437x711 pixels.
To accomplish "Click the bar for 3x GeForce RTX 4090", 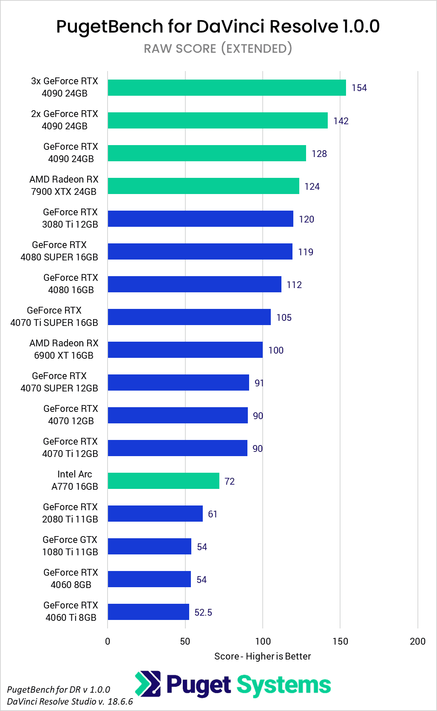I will click(x=227, y=88).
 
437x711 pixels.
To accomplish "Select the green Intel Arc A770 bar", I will click(x=163, y=481).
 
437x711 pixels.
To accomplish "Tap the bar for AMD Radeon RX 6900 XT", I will click(x=185, y=350).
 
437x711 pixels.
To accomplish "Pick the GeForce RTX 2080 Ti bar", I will click(x=155, y=514).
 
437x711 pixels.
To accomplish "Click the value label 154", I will click(x=359, y=88).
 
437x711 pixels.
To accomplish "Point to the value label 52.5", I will click(x=203, y=612).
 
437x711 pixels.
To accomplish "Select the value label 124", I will click(x=312, y=186).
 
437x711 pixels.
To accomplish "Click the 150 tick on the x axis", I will click(x=340, y=641).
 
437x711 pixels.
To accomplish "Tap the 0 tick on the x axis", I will click(x=108, y=641).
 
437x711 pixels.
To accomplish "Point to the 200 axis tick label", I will click(x=417, y=641).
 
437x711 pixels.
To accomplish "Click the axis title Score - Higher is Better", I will click(x=262, y=656).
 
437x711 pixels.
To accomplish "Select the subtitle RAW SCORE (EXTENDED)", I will click(x=218, y=49).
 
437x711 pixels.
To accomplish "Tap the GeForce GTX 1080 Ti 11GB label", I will click(x=70, y=546).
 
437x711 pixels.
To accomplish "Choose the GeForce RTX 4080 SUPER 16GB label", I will click(x=60, y=251).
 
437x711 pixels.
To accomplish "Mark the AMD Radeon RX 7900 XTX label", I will click(x=64, y=186).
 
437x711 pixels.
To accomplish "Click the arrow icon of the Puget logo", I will click(x=148, y=684).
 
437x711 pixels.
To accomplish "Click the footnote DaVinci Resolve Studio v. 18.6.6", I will click(x=70, y=701).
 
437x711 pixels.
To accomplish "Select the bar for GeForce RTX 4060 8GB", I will click(x=149, y=579).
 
